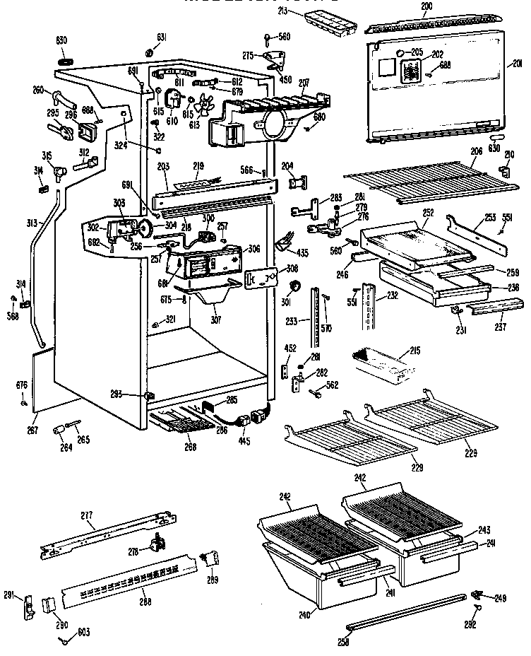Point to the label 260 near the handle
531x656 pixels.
click(x=37, y=89)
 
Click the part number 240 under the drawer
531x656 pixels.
click(x=304, y=614)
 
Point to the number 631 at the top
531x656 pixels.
click(x=162, y=37)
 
